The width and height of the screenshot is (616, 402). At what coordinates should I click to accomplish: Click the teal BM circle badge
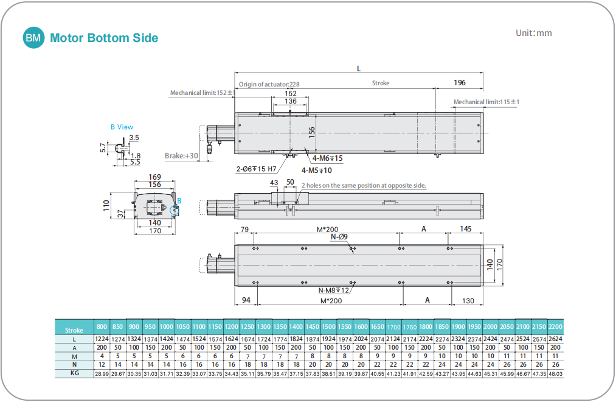(x=33, y=38)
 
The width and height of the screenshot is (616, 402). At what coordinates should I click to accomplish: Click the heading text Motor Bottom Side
(x=104, y=38)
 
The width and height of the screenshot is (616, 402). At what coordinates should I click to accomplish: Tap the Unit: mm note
(x=533, y=33)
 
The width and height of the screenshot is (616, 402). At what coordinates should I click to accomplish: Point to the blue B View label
(x=122, y=127)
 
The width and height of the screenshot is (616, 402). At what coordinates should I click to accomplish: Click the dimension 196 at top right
(x=459, y=83)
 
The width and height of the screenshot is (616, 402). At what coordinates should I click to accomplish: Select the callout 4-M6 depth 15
(x=327, y=158)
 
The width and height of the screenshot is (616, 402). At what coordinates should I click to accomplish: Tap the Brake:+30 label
(x=182, y=156)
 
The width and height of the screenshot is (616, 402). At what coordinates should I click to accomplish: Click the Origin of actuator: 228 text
(x=269, y=85)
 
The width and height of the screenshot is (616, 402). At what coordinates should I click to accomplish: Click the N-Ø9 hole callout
(x=339, y=236)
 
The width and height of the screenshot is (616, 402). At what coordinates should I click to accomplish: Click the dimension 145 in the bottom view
(x=466, y=229)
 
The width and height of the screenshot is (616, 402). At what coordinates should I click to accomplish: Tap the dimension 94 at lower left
(x=246, y=300)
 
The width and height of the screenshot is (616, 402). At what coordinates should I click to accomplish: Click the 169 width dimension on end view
(x=154, y=177)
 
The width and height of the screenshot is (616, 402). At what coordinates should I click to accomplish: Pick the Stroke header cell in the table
(x=74, y=330)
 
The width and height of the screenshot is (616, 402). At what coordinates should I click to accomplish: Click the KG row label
(x=74, y=373)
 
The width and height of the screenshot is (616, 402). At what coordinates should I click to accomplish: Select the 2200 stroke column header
(x=555, y=326)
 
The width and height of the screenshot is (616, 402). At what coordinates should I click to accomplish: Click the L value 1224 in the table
(x=102, y=339)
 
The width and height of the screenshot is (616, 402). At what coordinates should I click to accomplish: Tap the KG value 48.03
(x=555, y=373)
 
